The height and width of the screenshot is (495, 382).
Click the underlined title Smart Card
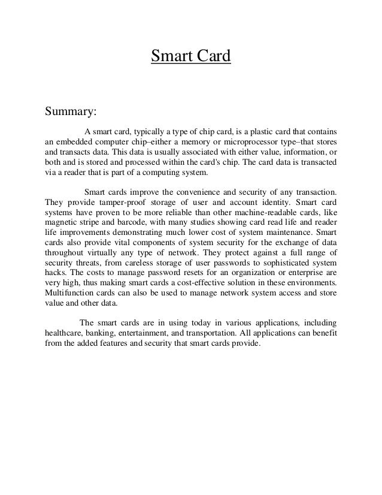[x=190, y=58]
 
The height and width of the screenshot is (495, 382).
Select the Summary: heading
[x=71, y=111]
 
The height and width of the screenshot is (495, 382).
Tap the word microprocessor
[x=247, y=141]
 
